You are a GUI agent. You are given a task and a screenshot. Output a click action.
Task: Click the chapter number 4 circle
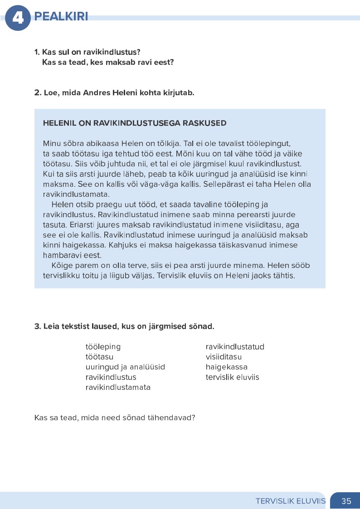(x=18, y=18)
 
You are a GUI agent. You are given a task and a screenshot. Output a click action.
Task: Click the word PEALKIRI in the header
(x=61, y=17)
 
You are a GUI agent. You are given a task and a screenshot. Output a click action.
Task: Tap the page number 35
(x=346, y=501)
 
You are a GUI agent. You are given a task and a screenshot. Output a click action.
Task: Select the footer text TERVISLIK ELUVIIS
(x=291, y=501)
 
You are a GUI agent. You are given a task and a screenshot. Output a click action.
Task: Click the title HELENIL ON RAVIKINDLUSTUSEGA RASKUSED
(x=135, y=123)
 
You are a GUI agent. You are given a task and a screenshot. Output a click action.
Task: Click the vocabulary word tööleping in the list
(x=103, y=347)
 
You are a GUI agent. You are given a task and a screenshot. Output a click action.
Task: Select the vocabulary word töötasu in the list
(x=99, y=357)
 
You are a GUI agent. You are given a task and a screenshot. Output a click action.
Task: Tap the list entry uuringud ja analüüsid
(x=125, y=367)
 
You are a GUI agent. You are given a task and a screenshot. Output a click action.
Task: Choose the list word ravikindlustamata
(x=118, y=387)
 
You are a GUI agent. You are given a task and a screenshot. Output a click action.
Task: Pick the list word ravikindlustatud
(x=234, y=347)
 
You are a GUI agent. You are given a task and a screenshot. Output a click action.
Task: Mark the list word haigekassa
(x=226, y=367)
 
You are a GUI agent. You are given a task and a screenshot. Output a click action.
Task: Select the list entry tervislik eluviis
(x=232, y=377)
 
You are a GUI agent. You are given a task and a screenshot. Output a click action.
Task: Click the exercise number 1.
(x=37, y=52)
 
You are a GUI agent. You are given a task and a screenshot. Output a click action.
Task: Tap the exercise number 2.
(x=37, y=93)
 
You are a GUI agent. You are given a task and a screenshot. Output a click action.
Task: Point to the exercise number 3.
(x=37, y=326)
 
